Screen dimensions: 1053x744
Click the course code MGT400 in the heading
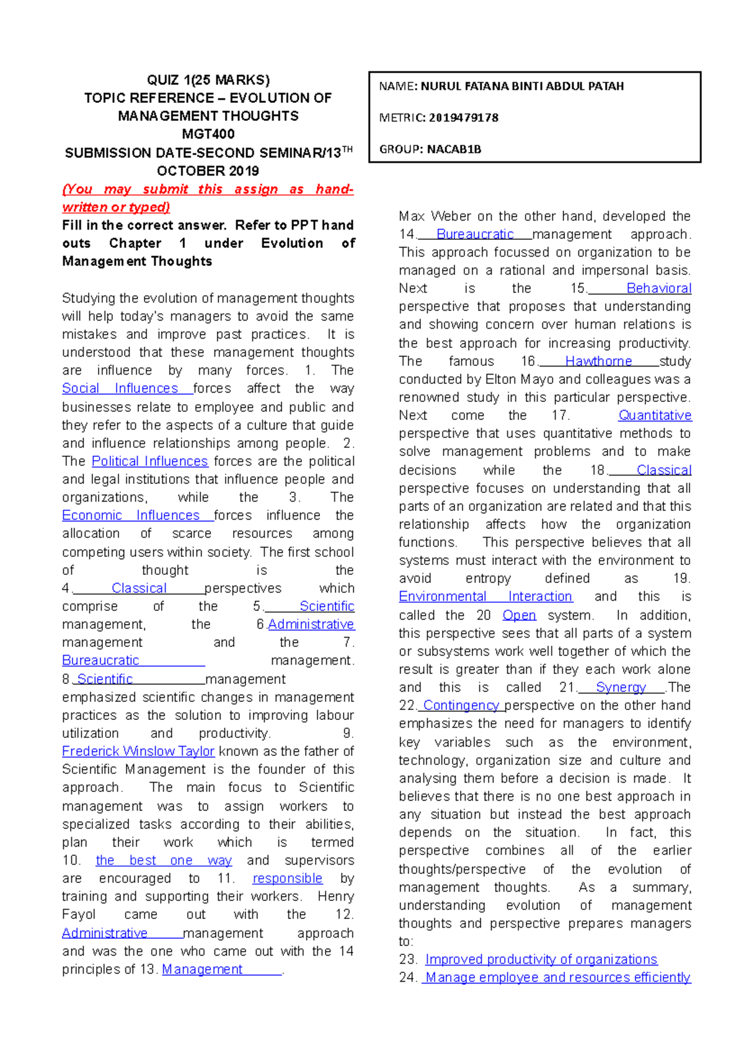[x=208, y=134]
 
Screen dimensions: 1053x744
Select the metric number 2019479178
[x=463, y=118]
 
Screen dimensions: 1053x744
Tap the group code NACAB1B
[x=454, y=149]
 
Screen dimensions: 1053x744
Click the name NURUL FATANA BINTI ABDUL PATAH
[x=522, y=86]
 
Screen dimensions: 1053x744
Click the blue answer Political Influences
[x=149, y=461]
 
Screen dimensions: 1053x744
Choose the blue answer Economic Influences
[x=131, y=515]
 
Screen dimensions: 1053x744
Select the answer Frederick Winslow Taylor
[x=138, y=752]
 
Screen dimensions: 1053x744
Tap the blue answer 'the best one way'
[x=164, y=861]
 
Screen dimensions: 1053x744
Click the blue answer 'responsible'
[x=288, y=879]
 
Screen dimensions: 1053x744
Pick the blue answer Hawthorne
[x=598, y=362]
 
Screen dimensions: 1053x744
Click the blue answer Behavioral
[x=659, y=288]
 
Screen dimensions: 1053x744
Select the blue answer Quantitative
[x=655, y=415]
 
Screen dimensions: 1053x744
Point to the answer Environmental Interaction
[x=485, y=597]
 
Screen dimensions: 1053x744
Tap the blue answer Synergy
[x=621, y=688]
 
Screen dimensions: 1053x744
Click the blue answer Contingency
[x=461, y=706]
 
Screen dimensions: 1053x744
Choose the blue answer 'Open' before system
[x=519, y=615]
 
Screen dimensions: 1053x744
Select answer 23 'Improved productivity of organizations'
[x=541, y=959]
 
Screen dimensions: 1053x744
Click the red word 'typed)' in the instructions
[x=149, y=207]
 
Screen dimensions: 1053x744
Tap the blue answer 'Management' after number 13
[x=202, y=969]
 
